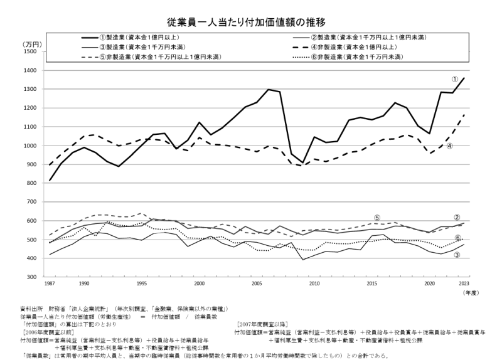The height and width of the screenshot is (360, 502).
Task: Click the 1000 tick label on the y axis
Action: coord(31,146)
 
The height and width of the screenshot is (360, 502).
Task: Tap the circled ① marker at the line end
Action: coord(455,79)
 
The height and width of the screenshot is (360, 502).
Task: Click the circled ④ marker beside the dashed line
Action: coord(450,146)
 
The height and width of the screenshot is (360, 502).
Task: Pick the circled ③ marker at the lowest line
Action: coord(457,255)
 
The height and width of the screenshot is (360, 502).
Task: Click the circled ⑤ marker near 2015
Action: coord(377,217)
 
